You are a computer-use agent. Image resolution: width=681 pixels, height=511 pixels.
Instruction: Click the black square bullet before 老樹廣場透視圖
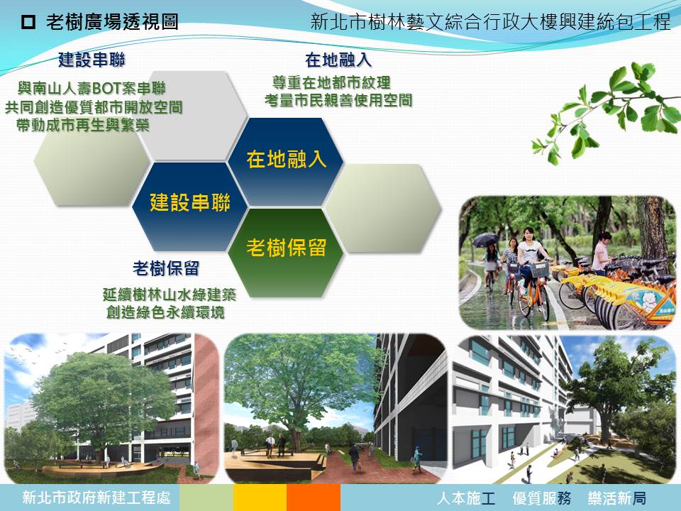pyautogui.click(x=28, y=22)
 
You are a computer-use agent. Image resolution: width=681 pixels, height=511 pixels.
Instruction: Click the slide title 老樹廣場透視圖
pyautogui.click(x=112, y=22)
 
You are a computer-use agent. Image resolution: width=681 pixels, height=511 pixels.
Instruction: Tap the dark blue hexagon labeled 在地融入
pyautogui.click(x=286, y=162)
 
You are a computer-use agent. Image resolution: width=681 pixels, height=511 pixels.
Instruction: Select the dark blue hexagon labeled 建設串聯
pyautogui.click(x=190, y=206)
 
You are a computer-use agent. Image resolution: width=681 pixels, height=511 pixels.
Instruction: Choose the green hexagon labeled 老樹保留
pyautogui.click(x=286, y=253)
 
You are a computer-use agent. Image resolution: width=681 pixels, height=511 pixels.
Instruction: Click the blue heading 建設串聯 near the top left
pyautogui.click(x=92, y=60)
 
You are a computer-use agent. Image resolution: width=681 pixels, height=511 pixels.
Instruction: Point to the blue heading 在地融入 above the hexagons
pyautogui.click(x=338, y=60)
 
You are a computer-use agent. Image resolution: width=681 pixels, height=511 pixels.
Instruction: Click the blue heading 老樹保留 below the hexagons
pyautogui.click(x=166, y=268)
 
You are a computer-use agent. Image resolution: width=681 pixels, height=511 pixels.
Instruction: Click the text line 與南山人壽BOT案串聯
pyautogui.click(x=92, y=89)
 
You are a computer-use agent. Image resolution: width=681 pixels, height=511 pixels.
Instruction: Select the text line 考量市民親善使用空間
pyautogui.click(x=338, y=100)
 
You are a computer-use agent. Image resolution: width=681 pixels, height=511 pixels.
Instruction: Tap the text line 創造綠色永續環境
pyautogui.click(x=165, y=312)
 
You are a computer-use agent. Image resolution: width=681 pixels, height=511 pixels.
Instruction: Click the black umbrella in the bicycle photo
pyautogui.click(x=485, y=240)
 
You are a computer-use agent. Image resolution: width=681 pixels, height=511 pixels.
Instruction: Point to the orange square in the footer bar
pyautogui.click(x=313, y=498)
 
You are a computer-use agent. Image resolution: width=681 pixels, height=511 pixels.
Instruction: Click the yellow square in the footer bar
pyautogui.click(x=260, y=498)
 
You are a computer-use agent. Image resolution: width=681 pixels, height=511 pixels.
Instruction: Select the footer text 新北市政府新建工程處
pyautogui.click(x=96, y=498)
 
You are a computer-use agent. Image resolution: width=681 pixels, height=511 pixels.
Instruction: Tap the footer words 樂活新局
pyautogui.click(x=617, y=498)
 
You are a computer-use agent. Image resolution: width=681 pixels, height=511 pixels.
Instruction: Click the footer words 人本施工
pyautogui.click(x=466, y=498)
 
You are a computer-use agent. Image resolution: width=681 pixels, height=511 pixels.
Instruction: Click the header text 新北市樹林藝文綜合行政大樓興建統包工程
pyautogui.click(x=491, y=22)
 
